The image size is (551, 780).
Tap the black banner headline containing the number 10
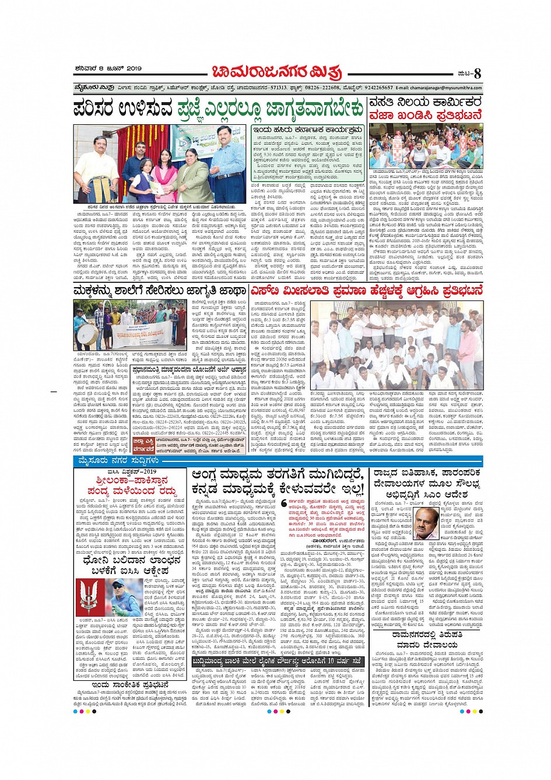coord(279,661)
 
